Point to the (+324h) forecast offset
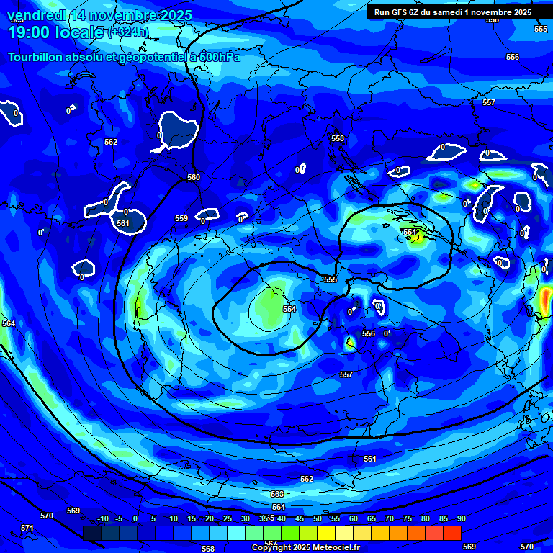pos(128,32)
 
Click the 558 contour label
pos(338,138)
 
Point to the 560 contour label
pos(194,177)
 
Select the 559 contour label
pos(181,218)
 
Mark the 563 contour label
pos(277,495)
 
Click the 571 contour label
pos(27,528)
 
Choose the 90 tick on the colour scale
pos(461,518)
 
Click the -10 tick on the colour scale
pos(102,518)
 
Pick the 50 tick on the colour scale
pos(318,518)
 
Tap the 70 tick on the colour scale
pos(390,518)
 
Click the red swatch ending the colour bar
pos(452,533)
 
